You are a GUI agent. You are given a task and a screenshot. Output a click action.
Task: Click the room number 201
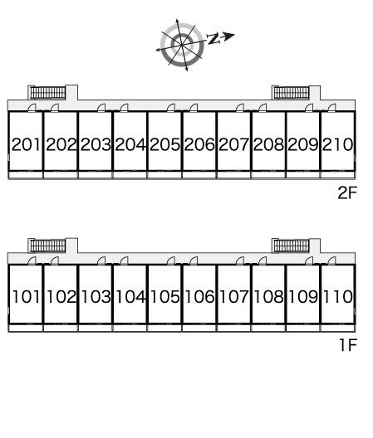[x=26, y=144]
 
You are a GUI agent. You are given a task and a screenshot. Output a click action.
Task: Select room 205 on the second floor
[x=164, y=144]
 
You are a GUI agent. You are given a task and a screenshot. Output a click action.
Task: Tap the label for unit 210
[x=338, y=144]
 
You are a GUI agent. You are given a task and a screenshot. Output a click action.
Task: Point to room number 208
[x=268, y=144]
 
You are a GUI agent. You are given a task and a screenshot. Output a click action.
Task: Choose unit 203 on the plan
[x=96, y=144]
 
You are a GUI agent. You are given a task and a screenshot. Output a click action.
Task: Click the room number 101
[x=27, y=296]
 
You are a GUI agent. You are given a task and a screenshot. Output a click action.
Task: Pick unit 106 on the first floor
[x=199, y=296]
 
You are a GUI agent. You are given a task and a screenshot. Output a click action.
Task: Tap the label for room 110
[x=338, y=296]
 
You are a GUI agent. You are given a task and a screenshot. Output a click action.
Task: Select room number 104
[x=130, y=296]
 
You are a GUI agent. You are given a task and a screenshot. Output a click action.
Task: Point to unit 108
[x=268, y=296]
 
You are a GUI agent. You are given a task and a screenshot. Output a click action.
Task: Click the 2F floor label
[x=347, y=192]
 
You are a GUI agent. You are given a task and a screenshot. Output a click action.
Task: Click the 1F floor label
[x=348, y=345]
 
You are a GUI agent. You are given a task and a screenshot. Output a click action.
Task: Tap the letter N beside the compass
[x=213, y=38]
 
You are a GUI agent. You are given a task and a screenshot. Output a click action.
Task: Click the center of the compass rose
[x=182, y=45]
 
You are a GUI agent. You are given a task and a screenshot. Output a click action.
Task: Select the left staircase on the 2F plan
[x=48, y=93]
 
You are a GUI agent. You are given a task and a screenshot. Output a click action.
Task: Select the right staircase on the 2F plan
[x=292, y=93]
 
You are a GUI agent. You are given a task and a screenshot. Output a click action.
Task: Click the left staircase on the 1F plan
[x=48, y=246]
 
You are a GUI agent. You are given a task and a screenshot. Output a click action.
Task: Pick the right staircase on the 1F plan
[x=292, y=246]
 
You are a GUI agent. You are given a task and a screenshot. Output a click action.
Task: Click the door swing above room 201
[x=32, y=108]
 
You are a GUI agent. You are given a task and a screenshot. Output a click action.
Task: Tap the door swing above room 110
[x=331, y=260]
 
